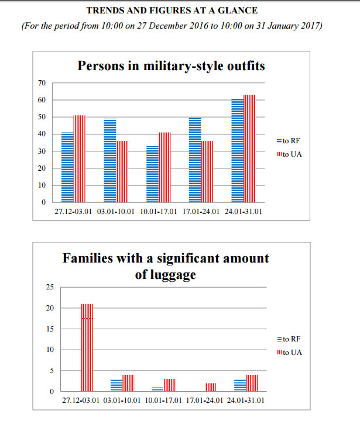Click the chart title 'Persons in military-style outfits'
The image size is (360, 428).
(172, 65)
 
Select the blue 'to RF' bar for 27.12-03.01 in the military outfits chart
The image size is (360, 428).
(68, 167)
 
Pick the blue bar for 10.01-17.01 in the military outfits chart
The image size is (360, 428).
(152, 174)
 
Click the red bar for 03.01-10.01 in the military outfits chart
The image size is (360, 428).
(122, 171)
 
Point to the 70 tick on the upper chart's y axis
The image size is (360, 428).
(42, 82)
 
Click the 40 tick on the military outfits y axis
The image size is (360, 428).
(42, 134)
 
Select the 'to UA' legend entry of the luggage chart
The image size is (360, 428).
(289, 352)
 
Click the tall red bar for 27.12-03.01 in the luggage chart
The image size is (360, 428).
(87, 347)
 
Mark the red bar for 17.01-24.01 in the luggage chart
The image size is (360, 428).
(210, 387)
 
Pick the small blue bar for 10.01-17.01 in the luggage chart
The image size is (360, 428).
(157, 389)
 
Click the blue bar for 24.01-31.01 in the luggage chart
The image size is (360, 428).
(239, 385)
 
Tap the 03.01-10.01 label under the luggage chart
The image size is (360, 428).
(122, 401)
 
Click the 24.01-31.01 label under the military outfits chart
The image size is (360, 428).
(243, 212)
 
